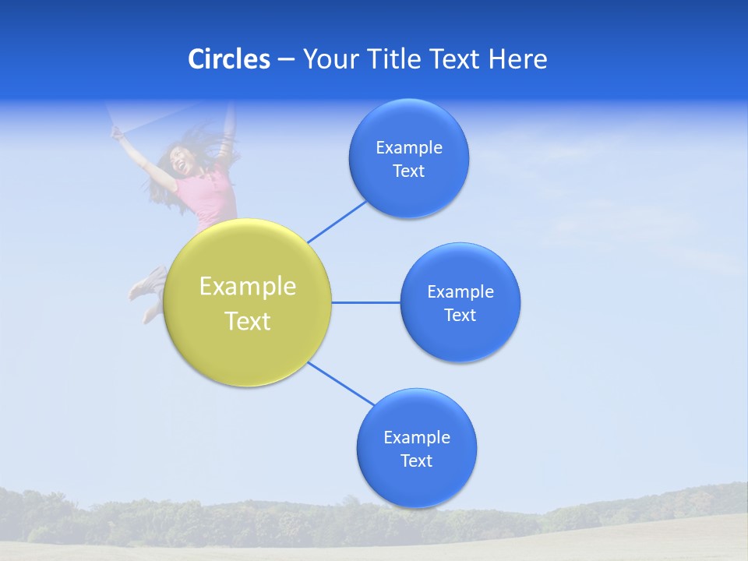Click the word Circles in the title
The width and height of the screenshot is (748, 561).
coord(229,59)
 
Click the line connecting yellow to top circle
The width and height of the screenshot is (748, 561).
coord(337,221)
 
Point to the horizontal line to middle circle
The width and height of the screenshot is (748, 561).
coord(366,302)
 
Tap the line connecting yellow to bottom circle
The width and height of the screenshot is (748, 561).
coord(341,383)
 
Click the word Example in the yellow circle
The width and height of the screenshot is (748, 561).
coord(248,287)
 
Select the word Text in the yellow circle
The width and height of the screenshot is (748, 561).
coord(248,321)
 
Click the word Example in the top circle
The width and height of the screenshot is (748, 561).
coord(409,148)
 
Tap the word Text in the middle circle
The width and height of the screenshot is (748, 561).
coord(460,316)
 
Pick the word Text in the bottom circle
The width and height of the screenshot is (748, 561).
coord(417,461)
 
